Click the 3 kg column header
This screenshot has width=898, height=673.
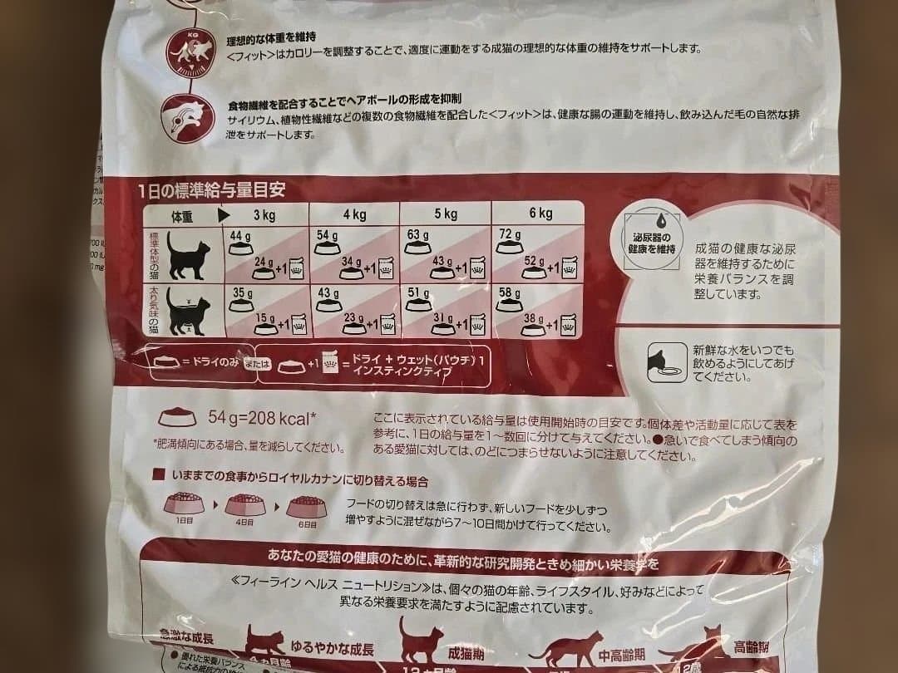click(264, 214)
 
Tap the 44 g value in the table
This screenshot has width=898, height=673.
click(240, 236)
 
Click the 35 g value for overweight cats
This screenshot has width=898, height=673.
click(242, 292)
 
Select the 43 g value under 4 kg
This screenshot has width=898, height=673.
click(328, 292)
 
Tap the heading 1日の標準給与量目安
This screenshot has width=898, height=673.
click(212, 190)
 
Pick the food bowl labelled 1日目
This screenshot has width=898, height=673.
click(184, 504)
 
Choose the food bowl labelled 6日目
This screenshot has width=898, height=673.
click(307, 504)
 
